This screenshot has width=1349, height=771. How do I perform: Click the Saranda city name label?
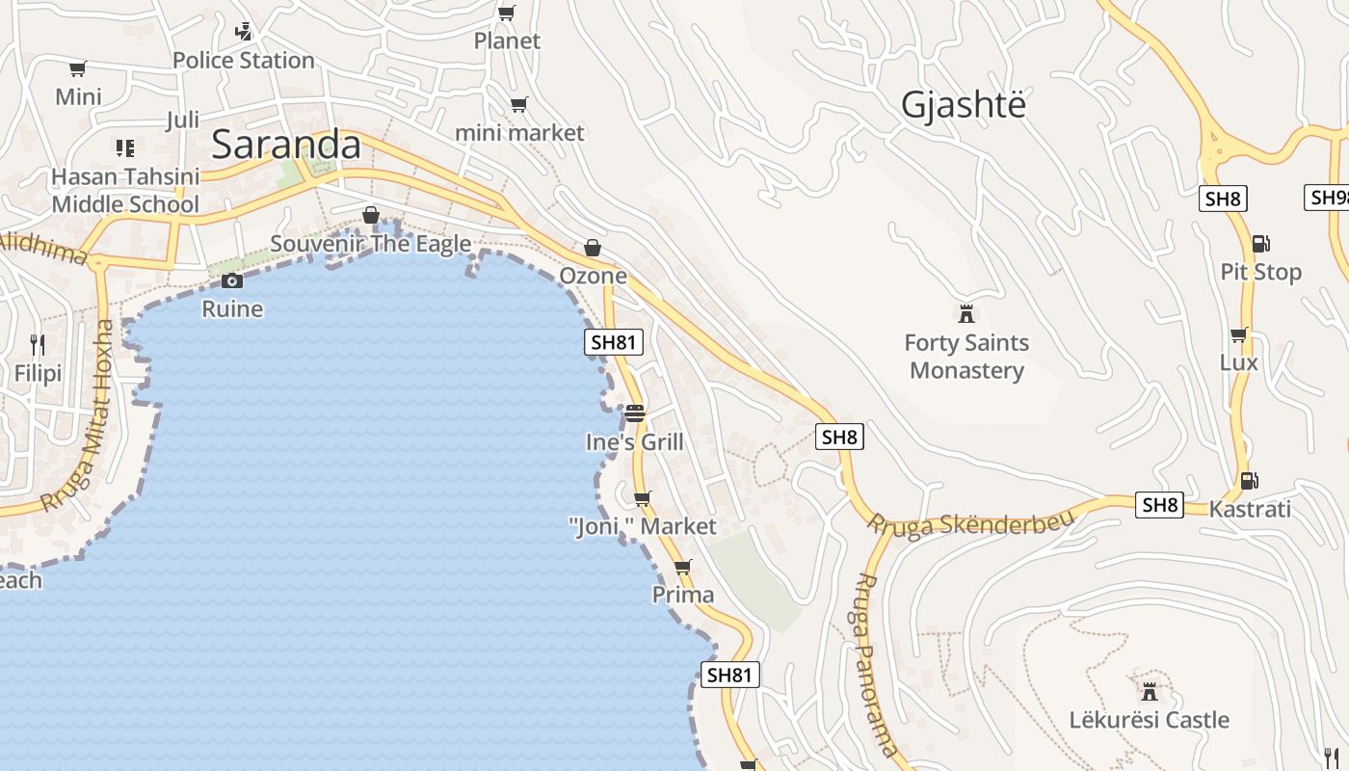pos(285,145)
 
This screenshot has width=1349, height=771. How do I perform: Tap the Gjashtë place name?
pos(963,104)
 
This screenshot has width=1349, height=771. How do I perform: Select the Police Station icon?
pos(243,31)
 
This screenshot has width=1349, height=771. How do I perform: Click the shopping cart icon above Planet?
pos(506,13)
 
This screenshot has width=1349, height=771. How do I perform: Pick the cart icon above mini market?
pos(519,104)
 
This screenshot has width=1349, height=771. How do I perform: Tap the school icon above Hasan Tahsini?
pos(125,147)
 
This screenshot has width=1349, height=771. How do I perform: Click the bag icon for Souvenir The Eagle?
pos(371,215)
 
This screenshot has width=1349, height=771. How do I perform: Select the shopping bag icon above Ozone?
pos(593,248)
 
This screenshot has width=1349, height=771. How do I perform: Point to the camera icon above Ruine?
pos(232,280)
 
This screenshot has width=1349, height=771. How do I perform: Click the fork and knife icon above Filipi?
pos(38,344)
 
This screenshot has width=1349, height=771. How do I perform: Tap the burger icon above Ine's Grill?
pos(634,413)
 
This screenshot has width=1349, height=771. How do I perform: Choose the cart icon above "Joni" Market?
pos(643,498)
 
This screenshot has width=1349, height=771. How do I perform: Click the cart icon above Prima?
pos(683,567)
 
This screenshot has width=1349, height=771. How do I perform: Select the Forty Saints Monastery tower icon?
pos(966,313)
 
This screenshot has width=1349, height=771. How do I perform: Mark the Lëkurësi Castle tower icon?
pos(1149,691)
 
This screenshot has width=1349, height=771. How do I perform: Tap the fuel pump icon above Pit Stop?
pos(1260,244)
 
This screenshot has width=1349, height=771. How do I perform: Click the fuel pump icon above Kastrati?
pos(1249,480)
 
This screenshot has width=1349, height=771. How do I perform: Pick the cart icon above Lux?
pos(1238,334)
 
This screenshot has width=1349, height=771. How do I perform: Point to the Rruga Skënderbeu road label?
pos(970,523)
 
